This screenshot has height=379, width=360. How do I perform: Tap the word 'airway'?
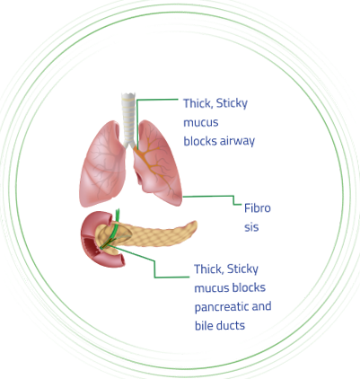click(237, 141)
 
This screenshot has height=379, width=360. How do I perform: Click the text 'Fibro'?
click(258, 207)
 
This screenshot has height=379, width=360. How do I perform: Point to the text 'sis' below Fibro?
click(251, 227)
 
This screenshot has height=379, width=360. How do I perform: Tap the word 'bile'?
click(203, 325)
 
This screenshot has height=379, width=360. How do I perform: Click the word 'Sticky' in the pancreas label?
click(242, 269)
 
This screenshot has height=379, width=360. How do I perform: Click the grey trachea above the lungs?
click(128, 119)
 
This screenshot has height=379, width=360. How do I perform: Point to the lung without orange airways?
click(102, 164)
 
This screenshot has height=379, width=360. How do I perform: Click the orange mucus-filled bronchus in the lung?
click(152, 164)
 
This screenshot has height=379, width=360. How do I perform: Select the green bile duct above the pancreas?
click(114, 226)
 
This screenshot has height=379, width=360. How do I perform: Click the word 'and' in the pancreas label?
click(261, 306)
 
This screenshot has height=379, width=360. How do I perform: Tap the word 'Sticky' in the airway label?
click(232, 103)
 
